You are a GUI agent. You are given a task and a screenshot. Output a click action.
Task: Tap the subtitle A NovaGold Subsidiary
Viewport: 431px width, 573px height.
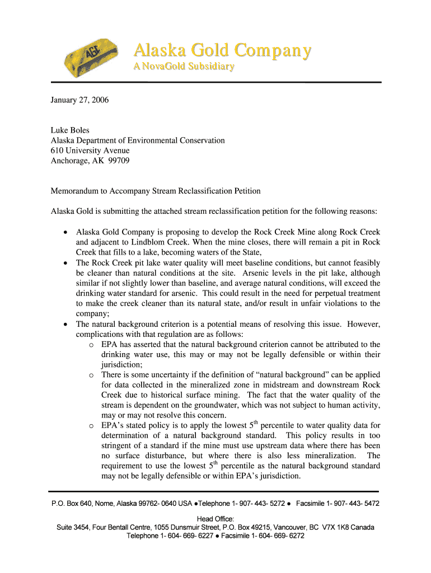(x=183, y=67)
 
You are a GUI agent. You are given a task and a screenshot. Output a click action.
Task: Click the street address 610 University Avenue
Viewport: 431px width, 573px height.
(x=90, y=151)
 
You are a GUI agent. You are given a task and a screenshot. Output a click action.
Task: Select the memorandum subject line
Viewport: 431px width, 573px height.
(x=156, y=191)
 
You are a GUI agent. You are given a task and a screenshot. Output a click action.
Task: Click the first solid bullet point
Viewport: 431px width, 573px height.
(x=67, y=232)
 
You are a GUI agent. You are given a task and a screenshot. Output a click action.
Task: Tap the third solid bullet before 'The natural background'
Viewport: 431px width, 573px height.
(x=67, y=324)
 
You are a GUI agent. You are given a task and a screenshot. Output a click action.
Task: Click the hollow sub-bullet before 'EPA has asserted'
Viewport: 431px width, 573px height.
(x=91, y=345)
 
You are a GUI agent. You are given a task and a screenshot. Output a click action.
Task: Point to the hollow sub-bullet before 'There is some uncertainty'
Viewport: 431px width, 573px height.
(x=91, y=375)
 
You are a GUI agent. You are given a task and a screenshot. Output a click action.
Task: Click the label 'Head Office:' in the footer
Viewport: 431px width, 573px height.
(x=215, y=519)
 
